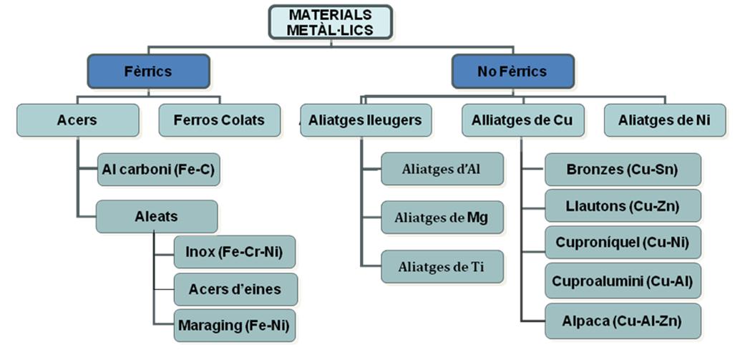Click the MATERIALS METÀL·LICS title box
coord(330,22)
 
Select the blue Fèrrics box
coord(148,71)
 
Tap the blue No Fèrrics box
coord(512,71)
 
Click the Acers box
coord(78,120)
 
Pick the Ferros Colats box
coord(218,120)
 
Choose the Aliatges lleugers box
coord(365,120)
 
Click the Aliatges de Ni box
coord(665,120)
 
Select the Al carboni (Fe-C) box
coord(157,170)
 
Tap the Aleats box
coord(157,216)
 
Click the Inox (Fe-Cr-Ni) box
coord(235,252)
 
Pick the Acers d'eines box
coord(235,289)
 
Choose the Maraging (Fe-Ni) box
coord(235,325)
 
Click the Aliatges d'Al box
coord(442,169)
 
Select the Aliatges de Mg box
coord(442,218)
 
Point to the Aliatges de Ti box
coord(442,266)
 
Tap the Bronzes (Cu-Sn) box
coord(622,170)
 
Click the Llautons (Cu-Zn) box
coord(622,206)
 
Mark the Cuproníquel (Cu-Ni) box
coord(622,243)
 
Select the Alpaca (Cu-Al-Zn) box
coord(622,321)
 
